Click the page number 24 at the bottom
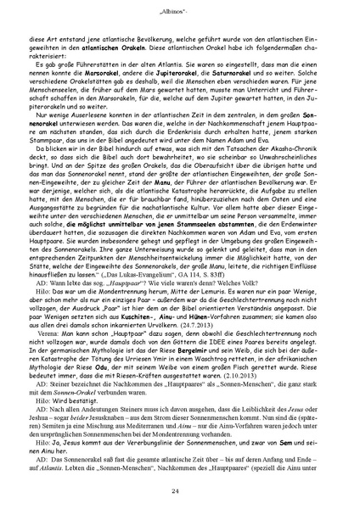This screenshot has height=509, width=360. point(180,491)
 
